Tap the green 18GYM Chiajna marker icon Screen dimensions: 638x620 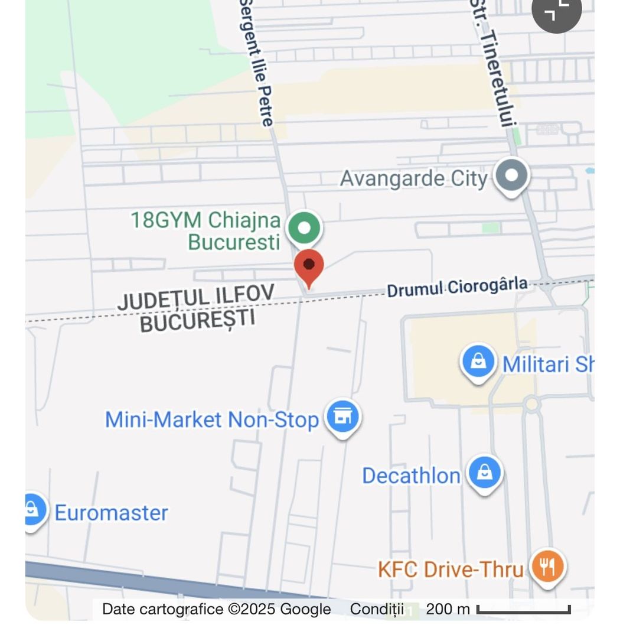coord(304,229)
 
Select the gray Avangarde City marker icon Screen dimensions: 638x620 coord(512,175)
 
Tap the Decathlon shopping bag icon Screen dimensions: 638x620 coord(484,473)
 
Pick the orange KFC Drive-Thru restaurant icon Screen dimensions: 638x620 coord(547,568)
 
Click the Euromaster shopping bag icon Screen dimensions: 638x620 coord(32,509)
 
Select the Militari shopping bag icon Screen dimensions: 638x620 coord(478,362)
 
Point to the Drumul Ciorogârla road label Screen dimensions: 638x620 coord(457,287)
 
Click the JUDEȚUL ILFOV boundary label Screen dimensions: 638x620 coord(196,297)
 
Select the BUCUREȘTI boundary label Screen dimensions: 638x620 coord(198,320)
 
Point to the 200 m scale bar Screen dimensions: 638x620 coord(523,609)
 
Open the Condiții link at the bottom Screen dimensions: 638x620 coord(377,609)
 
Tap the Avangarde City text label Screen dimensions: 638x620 coord(414,178)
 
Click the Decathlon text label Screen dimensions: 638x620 coord(411,476)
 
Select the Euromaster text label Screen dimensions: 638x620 coord(111,512)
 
